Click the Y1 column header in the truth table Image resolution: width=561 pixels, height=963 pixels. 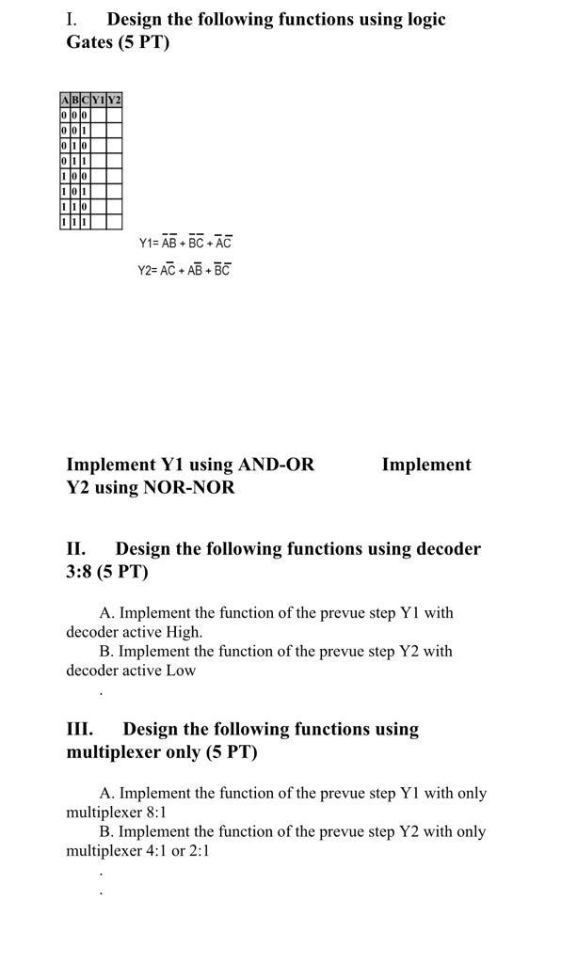point(98,100)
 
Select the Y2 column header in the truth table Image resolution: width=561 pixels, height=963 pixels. point(114,100)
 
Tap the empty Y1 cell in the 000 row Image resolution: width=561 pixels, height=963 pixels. point(98,115)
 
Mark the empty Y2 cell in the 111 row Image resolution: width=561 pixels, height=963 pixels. point(114,222)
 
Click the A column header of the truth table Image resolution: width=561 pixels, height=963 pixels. point(64,100)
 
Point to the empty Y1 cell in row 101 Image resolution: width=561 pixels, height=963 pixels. point(98,192)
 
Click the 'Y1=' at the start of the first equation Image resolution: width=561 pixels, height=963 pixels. point(149,243)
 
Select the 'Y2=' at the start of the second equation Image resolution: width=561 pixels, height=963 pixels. point(149,270)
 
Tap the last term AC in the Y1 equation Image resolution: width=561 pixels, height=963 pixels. point(223,243)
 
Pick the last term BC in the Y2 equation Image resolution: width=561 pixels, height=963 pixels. point(222,270)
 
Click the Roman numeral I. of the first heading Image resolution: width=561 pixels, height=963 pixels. point(72,19)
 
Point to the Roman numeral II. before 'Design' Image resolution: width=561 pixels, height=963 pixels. point(75,548)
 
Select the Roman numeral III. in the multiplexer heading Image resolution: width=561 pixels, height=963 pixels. point(79,729)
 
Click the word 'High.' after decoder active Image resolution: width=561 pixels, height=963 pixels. point(184,632)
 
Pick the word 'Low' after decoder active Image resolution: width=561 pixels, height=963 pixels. point(182,671)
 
